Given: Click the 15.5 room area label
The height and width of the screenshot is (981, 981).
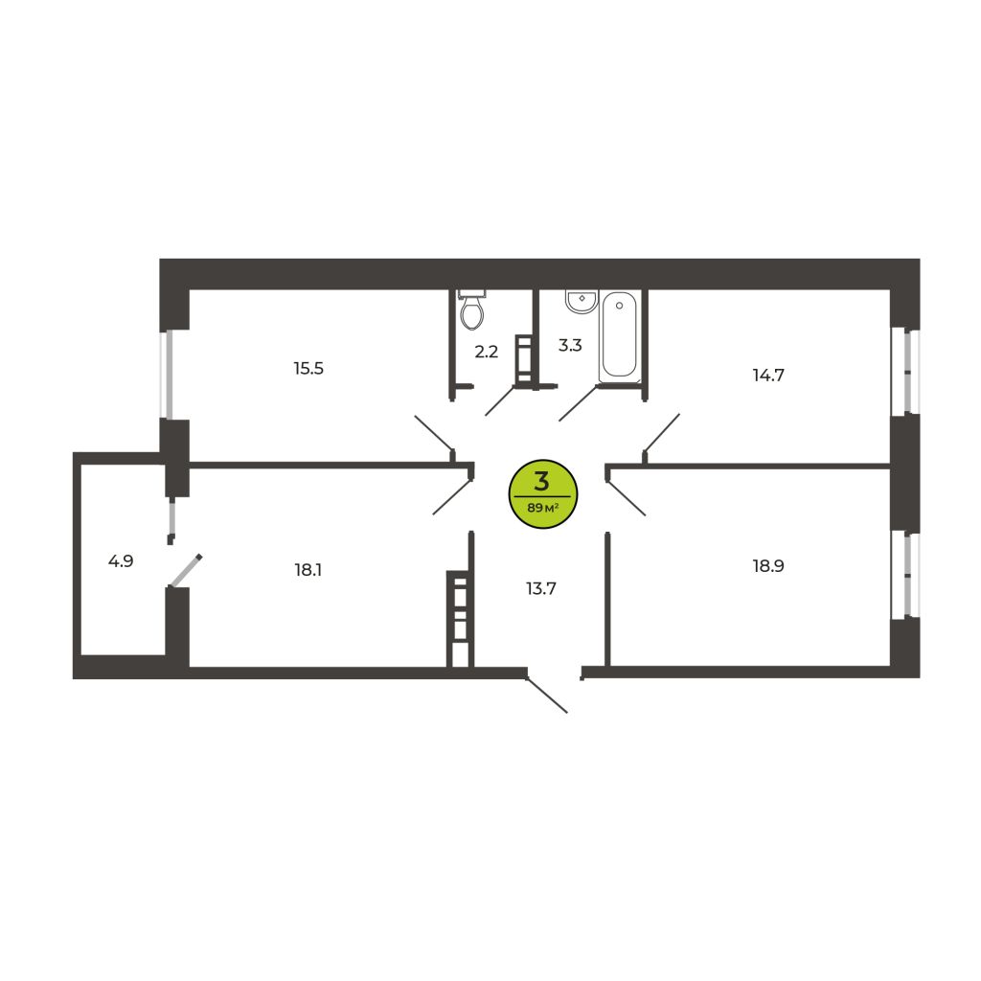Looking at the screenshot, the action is coord(308,369).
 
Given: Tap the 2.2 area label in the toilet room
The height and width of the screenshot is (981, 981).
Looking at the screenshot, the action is coord(486,353).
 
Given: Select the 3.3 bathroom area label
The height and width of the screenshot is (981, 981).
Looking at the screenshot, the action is coord(570,345).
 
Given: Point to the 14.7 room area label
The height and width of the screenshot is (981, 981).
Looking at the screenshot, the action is coord(768,376).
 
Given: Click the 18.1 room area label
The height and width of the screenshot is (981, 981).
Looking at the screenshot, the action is coord(308,570).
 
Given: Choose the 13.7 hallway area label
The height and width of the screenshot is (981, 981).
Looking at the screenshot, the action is coord(541,589).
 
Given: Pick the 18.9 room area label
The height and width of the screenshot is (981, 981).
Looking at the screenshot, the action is coord(768,566).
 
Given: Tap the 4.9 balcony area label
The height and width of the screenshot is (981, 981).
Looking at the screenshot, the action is coord(121,561).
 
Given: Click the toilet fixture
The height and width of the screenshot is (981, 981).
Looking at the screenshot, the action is coord(472,310).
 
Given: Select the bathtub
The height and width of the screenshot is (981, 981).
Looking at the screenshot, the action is coord(620,337).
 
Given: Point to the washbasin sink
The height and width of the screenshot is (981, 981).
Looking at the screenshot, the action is coord(582,300).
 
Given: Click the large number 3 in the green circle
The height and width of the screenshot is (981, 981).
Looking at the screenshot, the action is coord(542,481).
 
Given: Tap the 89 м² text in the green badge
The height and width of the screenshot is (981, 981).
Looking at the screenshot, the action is coord(542,508).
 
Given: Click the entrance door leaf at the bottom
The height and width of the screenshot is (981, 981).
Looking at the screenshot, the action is coord(547,695).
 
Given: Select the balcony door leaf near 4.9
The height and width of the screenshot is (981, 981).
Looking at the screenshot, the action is coord(185,571).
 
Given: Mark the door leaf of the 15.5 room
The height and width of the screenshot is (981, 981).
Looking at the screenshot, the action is coord(434,433).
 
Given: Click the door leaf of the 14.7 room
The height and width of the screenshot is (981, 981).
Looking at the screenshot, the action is coord(662,432).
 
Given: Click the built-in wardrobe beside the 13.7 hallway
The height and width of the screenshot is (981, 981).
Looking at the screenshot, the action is coord(460,618).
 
